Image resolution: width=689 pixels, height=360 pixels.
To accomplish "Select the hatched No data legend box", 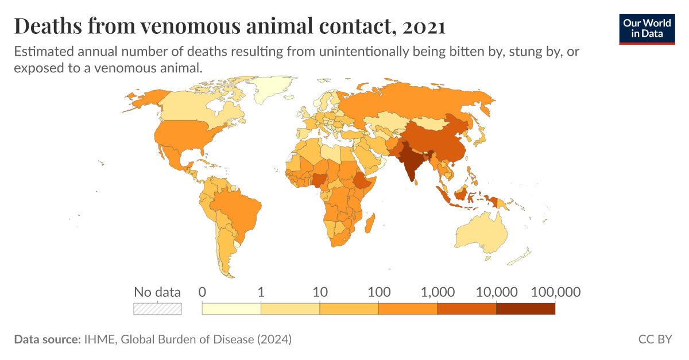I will pyautogui.click(x=157, y=308).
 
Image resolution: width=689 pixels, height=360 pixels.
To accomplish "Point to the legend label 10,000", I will pyautogui.click(x=496, y=292).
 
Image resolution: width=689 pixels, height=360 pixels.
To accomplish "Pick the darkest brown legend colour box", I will pyautogui.click(x=525, y=308).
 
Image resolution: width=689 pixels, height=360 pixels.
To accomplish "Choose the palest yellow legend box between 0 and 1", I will pyautogui.click(x=231, y=308).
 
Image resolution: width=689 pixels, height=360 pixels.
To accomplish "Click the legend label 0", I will pyautogui.click(x=202, y=292).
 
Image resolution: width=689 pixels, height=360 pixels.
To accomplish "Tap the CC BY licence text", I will pyautogui.click(x=655, y=339).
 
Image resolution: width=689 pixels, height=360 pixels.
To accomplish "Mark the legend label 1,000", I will pyautogui.click(x=438, y=292).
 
